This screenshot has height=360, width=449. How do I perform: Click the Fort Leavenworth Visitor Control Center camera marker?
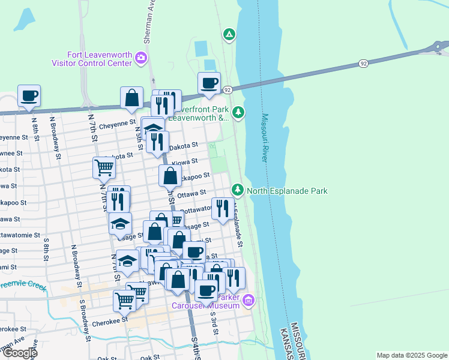click(140, 58)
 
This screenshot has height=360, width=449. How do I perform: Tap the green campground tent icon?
click(229, 34)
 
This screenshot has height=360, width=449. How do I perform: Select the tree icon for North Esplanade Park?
click(238, 190)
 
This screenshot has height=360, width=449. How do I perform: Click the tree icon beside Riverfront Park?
click(238, 112)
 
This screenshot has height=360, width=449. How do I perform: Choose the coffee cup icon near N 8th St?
click(29, 95)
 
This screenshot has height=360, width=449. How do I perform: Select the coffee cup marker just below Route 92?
click(209, 83)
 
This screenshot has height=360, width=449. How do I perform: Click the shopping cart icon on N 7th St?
click(104, 167)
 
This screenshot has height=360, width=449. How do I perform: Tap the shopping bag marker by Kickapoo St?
click(170, 176)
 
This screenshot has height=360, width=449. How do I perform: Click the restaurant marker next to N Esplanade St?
click(223, 208)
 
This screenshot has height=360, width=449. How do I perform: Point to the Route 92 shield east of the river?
click(364, 63)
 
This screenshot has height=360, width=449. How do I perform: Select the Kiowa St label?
click(184, 162)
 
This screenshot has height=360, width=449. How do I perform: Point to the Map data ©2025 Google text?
click(411, 355)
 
